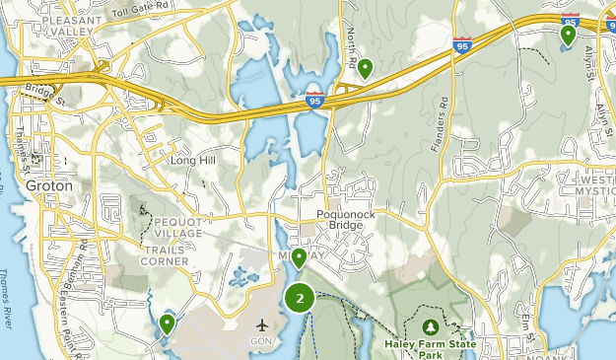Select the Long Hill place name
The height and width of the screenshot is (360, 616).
pyautogui.click(x=192, y=160)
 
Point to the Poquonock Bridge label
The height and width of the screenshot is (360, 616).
pyautogui.click(x=340, y=219)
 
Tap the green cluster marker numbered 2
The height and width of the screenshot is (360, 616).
pyautogui.click(x=300, y=297)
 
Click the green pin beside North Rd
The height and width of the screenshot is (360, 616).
pyautogui.click(x=365, y=68)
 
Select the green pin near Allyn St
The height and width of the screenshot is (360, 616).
pyautogui.click(x=568, y=36)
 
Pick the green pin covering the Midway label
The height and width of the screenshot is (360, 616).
pyautogui.click(x=298, y=258)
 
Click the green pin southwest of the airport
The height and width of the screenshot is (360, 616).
pyautogui.click(x=167, y=324)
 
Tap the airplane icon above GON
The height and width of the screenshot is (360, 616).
pyautogui.click(x=262, y=324)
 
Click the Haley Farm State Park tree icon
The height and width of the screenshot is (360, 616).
pyautogui.click(x=430, y=326)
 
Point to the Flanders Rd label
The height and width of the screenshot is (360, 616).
pyautogui.click(x=440, y=122)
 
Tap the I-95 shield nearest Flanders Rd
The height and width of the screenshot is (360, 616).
pyautogui.click(x=462, y=44)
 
